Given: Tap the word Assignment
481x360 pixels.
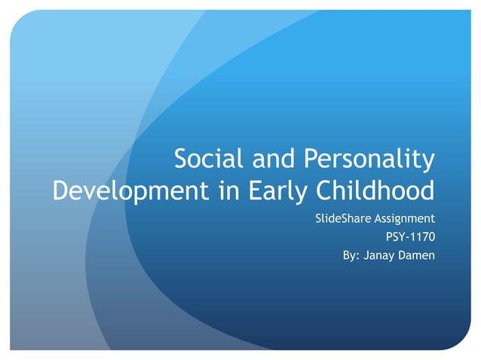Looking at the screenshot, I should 405,220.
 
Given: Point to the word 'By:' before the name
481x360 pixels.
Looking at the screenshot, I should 351,255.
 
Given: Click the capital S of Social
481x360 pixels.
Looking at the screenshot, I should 182,160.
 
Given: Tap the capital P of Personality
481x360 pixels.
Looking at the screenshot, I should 311,160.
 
